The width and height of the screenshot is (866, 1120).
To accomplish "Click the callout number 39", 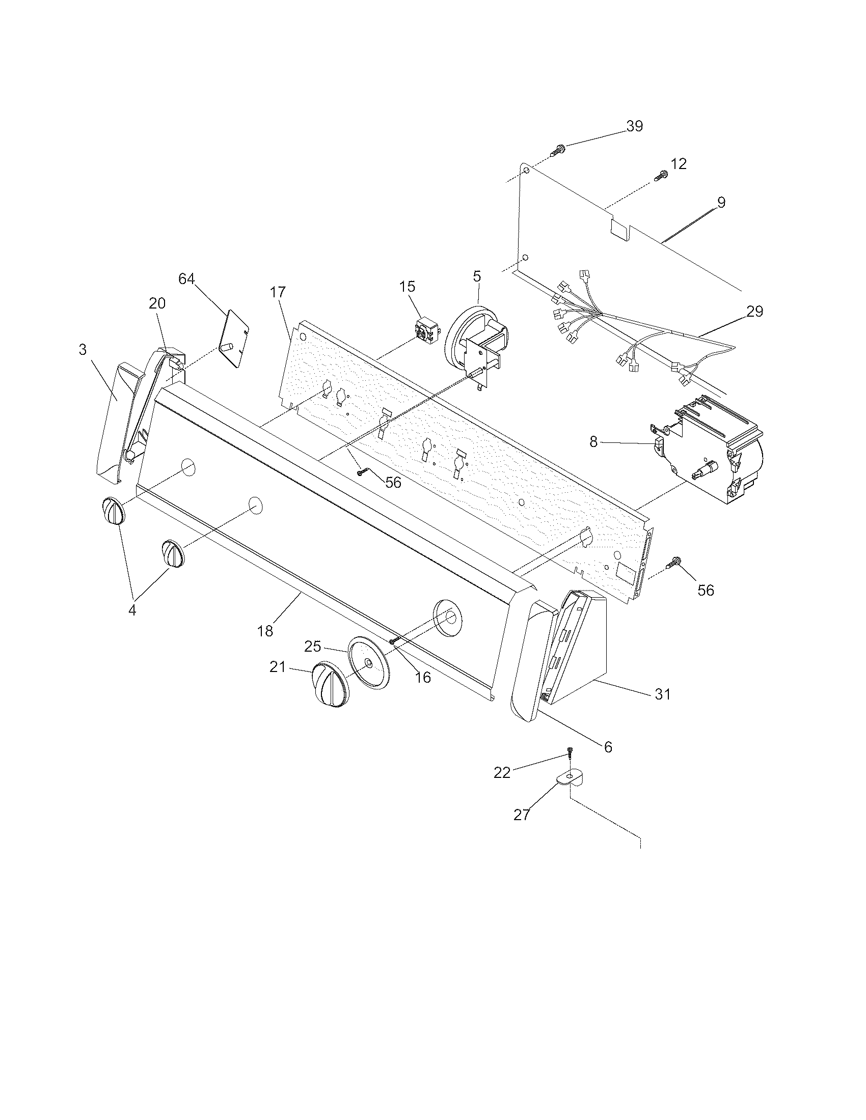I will click(x=635, y=126).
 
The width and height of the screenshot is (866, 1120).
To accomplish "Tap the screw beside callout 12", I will click(x=661, y=176).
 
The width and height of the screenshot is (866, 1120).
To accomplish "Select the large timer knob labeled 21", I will click(x=328, y=685).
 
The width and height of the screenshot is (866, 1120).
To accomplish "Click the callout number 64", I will click(x=187, y=279).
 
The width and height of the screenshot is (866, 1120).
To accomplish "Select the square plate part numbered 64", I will click(x=234, y=339).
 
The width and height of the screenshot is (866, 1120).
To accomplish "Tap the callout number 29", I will click(x=754, y=311).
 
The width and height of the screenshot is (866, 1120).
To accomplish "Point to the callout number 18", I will click(x=265, y=631).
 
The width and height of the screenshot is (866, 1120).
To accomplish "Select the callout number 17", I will click(x=279, y=292).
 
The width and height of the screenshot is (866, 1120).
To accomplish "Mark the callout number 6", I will click(x=608, y=747).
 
